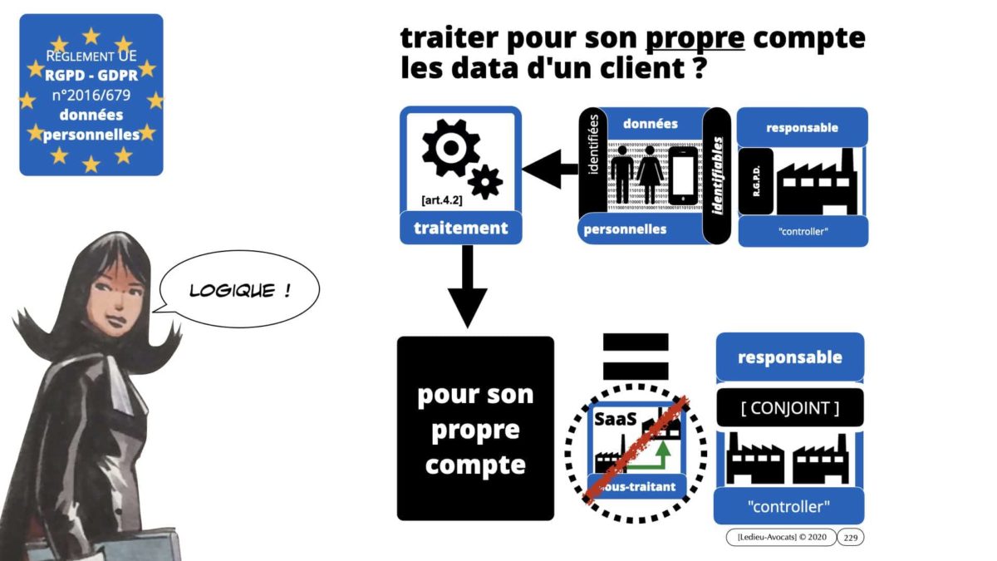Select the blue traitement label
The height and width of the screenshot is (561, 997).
coord(460,228)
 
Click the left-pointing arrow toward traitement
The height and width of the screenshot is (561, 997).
coord(549,170)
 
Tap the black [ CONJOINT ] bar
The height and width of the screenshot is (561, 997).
coord(789,408)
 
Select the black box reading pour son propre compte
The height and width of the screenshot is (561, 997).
coord(475,429)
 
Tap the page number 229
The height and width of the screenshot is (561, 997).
coord(850,539)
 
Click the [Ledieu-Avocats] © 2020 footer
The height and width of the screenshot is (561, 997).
coord(777,539)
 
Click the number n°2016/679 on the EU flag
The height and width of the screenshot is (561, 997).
coord(91,95)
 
